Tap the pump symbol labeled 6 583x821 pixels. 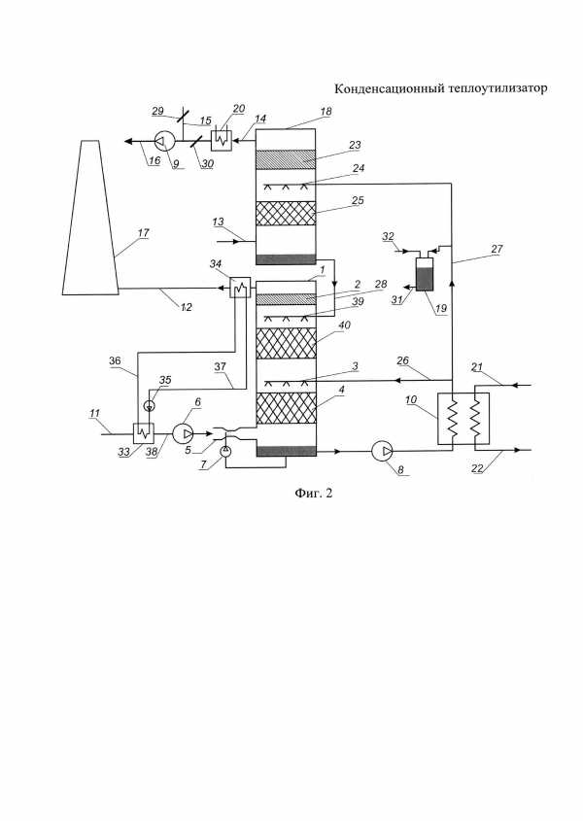click(x=183, y=433)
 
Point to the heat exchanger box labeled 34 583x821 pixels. click(x=240, y=288)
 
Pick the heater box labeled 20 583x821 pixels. click(x=221, y=140)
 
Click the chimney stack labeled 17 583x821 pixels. click(x=90, y=218)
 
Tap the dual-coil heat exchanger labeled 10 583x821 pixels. click(x=463, y=419)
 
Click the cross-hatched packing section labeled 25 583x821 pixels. click(x=286, y=214)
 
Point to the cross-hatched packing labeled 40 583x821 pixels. click(x=286, y=343)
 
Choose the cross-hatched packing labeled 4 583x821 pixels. click(x=286, y=408)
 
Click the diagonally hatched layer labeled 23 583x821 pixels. click(x=286, y=159)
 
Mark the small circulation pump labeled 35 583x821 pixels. click(x=149, y=405)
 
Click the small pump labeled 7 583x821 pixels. click(x=225, y=452)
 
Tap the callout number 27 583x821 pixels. click(x=497, y=250)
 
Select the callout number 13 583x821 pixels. click(x=218, y=222)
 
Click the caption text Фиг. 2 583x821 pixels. click(x=313, y=493)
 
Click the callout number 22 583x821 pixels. click(x=477, y=468)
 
